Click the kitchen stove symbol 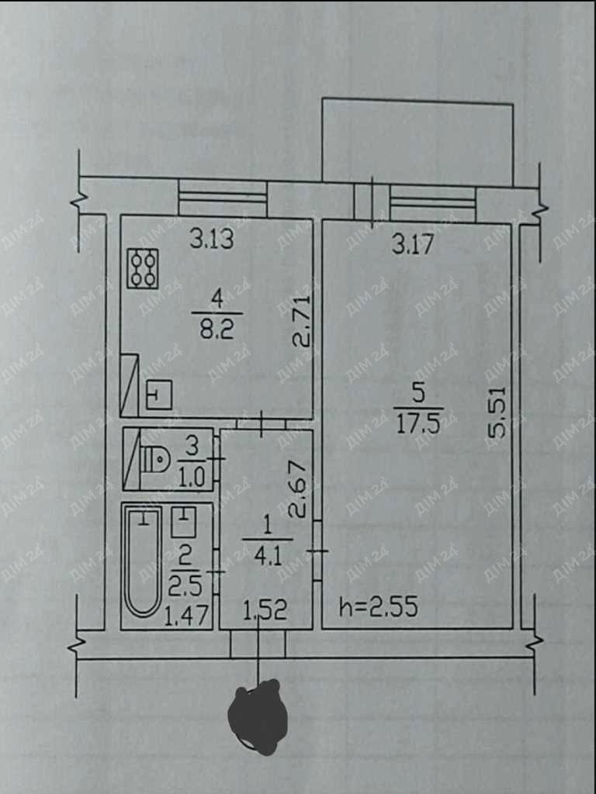tap(143, 268)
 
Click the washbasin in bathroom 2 tap(183, 522)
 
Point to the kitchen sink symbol tap(159, 395)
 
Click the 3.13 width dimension tap(212, 239)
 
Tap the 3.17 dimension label tap(414, 245)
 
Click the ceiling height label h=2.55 tap(379, 606)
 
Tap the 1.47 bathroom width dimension tap(188, 616)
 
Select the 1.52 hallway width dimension tap(265, 611)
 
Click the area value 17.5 tap(418, 425)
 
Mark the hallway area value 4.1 tap(267, 557)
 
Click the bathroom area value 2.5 tap(186, 586)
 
